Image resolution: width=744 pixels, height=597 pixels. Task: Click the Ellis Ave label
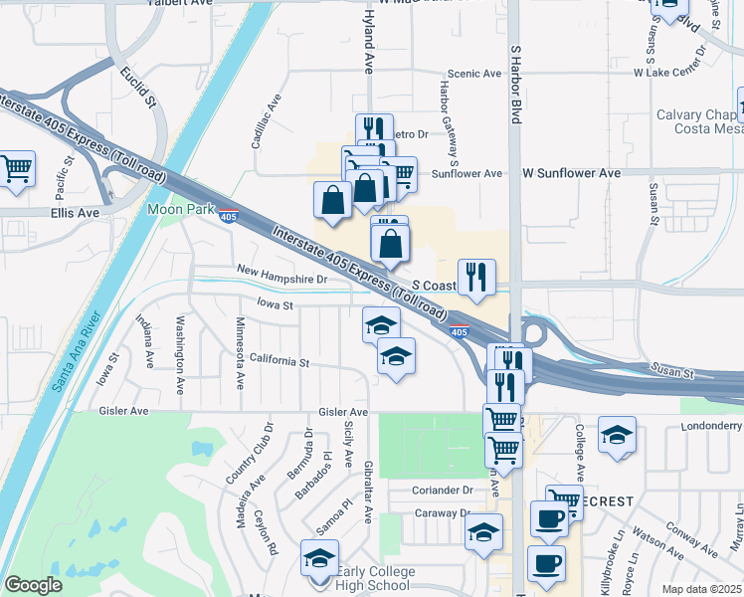(x=76, y=213)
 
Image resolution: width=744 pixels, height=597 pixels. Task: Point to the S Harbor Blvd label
(x=515, y=84)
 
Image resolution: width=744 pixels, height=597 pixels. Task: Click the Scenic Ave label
(x=474, y=74)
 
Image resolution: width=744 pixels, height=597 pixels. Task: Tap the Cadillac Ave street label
(x=266, y=121)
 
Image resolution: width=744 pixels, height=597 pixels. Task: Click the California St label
(x=279, y=359)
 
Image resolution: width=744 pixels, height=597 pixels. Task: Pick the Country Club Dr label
(x=250, y=453)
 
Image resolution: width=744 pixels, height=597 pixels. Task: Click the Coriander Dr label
(x=444, y=491)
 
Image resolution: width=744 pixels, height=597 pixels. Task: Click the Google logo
(x=33, y=585)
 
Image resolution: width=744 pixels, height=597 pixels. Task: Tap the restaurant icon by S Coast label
(x=476, y=278)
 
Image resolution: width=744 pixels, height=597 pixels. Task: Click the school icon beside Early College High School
(x=319, y=558)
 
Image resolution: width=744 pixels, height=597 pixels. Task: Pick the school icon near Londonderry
(x=617, y=434)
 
